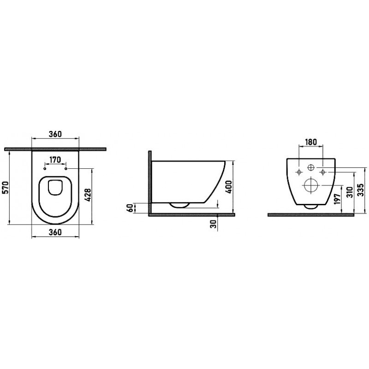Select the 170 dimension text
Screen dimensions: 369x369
point(55,160)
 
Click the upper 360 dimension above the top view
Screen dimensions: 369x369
point(55,134)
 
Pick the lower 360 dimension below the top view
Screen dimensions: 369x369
point(55,232)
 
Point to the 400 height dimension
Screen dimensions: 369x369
point(228,187)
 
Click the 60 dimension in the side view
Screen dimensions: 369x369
point(130,208)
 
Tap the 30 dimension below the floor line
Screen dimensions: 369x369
point(214,224)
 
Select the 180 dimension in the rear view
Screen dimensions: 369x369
point(311,142)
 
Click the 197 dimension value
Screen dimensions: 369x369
point(338,199)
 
